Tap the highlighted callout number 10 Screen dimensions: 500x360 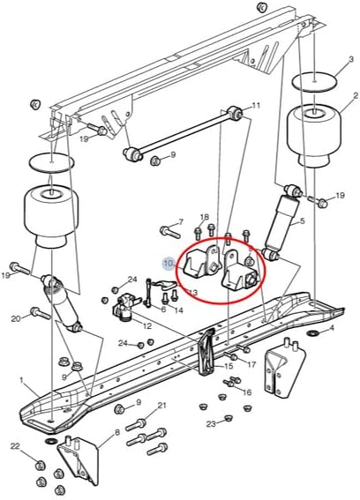(168, 263)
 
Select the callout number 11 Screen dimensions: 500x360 (256, 106)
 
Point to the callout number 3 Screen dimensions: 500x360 (326, 59)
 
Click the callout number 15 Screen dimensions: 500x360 (228, 366)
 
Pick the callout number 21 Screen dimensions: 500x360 (161, 406)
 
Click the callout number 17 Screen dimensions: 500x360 (251, 364)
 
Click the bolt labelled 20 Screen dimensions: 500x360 (38, 313)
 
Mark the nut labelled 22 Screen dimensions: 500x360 (39, 464)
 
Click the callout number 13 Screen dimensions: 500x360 (192, 293)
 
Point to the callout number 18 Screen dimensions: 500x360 (204, 217)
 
